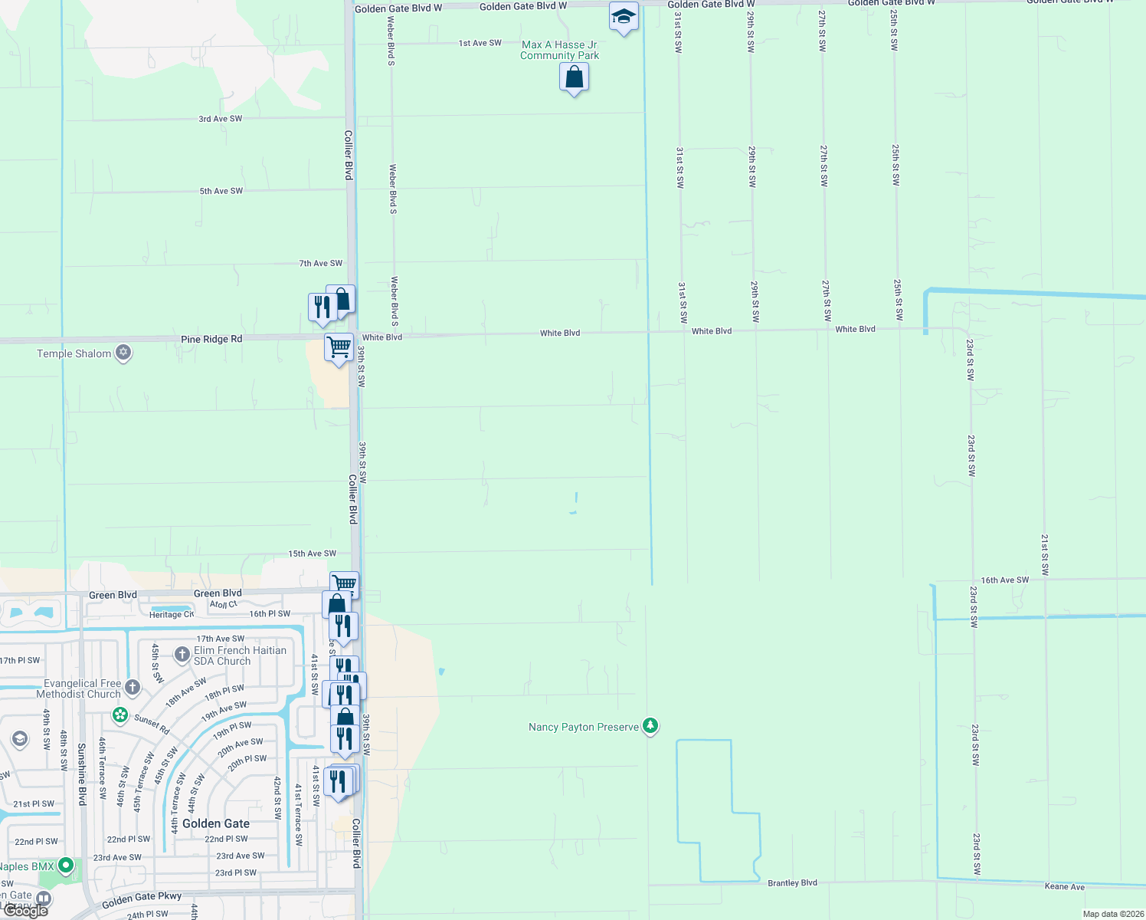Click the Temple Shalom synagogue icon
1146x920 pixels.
coord(123,353)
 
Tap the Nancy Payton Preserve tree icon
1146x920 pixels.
coord(650,725)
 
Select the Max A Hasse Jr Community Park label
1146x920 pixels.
coord(559,50)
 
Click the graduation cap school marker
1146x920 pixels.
coord(624,16)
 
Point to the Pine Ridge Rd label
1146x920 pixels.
coord(211,339)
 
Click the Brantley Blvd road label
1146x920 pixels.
coord(792,883)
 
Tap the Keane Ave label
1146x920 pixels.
coord(1064,887)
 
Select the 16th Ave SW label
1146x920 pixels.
coord(1004,580)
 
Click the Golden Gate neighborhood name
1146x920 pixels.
coord(216,823)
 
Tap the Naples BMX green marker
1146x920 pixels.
coord(66,866)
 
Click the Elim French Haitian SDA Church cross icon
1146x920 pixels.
coord(182,654)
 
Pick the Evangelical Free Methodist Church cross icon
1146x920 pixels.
coord(133,687)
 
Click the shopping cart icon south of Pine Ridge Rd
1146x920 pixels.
coord(339,347)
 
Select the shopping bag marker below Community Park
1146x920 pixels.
coord(574,77)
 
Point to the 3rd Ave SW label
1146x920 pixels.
coord(220,119)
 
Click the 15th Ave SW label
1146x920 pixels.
coord(312,554)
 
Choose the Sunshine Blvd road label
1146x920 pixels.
coord(82,774)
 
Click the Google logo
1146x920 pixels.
coord(25,910)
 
